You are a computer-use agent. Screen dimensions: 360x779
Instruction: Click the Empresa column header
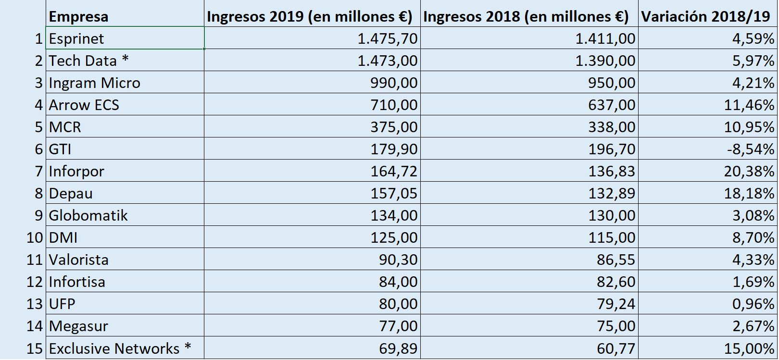(x=78, y=17)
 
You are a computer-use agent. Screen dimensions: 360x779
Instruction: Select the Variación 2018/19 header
(x=705, y=17)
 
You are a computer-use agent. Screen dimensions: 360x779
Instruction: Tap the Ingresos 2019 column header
(x=310, y=17)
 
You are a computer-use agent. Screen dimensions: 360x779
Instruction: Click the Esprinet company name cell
(x=77, y=38)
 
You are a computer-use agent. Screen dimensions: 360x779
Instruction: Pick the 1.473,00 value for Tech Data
(x=388, y=61)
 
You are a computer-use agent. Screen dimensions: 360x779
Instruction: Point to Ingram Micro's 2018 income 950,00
(x=612, y=83)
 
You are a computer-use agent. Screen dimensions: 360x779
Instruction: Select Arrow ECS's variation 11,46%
(x=749, y=105)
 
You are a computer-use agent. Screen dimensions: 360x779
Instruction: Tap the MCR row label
(x=65, y=127)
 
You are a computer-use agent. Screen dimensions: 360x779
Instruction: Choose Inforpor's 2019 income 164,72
(x=394, y=171)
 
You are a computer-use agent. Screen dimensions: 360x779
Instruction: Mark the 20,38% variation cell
(x=749, y=171)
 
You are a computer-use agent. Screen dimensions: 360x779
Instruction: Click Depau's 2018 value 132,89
(x=612, y=193)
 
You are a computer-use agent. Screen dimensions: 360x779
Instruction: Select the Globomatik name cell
(x=88, y=215)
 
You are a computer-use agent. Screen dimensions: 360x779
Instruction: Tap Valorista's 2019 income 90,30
(x=398, y=260)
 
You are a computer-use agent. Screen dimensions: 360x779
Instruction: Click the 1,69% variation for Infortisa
(x=753, y=282)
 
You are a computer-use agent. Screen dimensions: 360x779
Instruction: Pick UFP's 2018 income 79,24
(x=616, y=304)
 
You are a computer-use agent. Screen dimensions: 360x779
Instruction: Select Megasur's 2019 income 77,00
(x=398, y=326)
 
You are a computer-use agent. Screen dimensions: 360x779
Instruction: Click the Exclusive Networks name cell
(x=120, y=348)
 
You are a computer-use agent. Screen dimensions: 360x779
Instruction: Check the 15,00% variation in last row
(x=749, y=348)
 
